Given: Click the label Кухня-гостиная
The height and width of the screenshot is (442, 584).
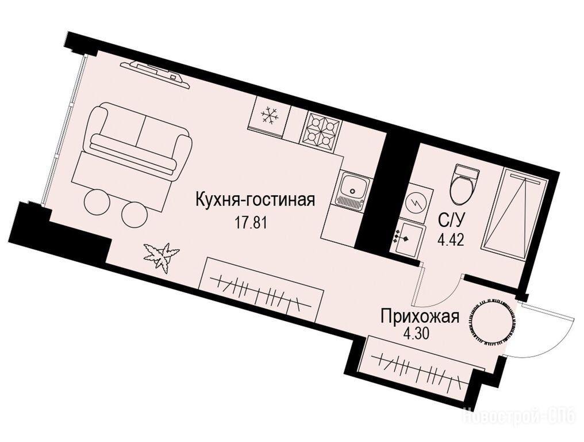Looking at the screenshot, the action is (255, 200).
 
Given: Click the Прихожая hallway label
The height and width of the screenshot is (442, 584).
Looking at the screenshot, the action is (420, 318).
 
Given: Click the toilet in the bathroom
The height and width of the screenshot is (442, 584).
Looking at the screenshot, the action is (463, 183).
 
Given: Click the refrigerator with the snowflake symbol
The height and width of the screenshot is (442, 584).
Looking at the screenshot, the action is (269, 116).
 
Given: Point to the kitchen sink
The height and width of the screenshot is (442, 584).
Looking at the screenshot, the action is (351, 189).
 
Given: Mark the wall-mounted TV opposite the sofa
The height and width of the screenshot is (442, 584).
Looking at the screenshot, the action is (156, 74).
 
